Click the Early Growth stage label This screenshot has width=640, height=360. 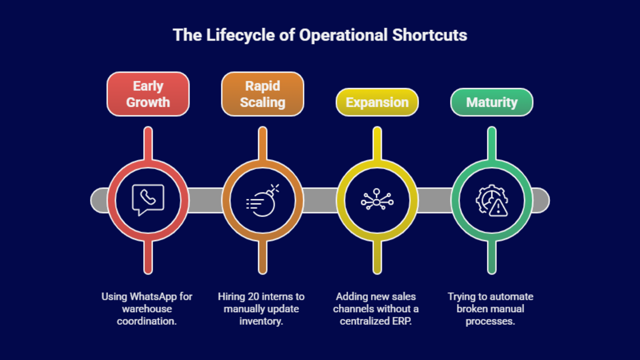pyautogui.click(x=148, y=94)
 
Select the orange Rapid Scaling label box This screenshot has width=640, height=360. pyautogui.click(x=262, y=94)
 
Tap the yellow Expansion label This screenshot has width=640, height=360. pyautogui.click(x=377, y=102)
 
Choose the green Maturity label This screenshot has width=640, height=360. pyautogui.click(x=492, y=102)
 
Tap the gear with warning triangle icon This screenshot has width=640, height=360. pyautogui.click(x=492, y=200)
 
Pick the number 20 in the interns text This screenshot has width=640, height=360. pyautogui.click(x=254, y=297)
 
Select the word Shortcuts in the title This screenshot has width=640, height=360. pyautogui.click(x=430, y=35)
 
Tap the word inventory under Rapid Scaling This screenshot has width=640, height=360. pyautogui.click(x=261, y=321)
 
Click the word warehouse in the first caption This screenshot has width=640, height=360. pyautogui.click(x=147, y=309)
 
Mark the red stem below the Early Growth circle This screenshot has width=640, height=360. pyautogui.click(x=148, y=258)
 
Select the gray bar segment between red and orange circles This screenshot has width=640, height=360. pyautogui.click(x=205, y=200)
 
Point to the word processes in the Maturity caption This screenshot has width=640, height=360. pyautogui.click(x=490, y=321)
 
